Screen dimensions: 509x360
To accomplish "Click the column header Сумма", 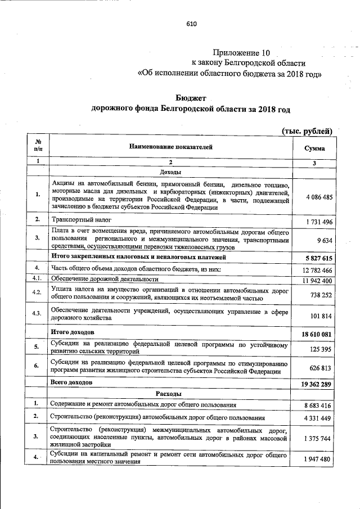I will tap(314, 148).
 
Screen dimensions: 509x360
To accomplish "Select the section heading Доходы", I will tap(170, 172).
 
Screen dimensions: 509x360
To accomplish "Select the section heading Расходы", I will tap(170, 393).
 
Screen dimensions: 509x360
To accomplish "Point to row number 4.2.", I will tap(37, 292).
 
